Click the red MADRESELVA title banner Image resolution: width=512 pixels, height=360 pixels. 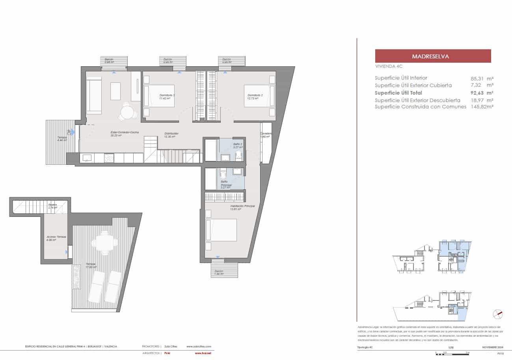[x=433, y=56]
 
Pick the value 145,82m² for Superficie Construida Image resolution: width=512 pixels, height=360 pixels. [x=482, y=106]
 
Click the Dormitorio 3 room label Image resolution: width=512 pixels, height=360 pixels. [x=167, y=96]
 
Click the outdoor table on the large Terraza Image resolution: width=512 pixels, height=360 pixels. [x=104, y=242]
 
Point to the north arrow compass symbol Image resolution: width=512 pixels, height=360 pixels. [x=498, y=314]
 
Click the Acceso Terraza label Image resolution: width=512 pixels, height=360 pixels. [x=56, y=238]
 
